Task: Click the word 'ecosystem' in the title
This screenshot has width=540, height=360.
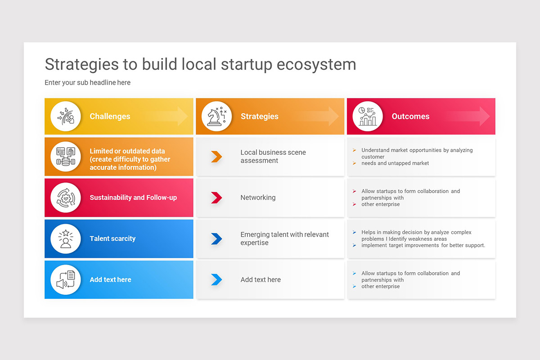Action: pyautogui.click(x=316, y=64)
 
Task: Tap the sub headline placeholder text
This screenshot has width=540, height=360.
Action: pyautogui.click(x=87, y=82)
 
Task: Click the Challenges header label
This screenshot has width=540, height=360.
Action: pyautogui.click(x=110, y=116)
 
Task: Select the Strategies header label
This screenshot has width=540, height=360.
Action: pyautogui.click(x=260, y=116)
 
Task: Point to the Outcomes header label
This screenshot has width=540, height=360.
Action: pyautogui.click(x=410, y=116)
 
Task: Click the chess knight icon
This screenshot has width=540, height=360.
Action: pyautogui.click(x=217, y=117)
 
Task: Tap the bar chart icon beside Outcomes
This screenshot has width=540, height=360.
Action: pyautogui.click(x=368, y=117)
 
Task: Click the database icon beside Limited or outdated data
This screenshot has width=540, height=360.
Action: pyautogui.click(x=66, y=157)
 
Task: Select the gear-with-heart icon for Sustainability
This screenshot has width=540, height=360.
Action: pyautogui.click(x=66, y=198)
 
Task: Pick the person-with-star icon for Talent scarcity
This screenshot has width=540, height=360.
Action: pyautogui.click(x=66, y=238)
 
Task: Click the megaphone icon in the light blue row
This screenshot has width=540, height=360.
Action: pyautogui.click(x=66, y=280)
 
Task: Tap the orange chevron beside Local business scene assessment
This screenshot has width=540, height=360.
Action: pyautogui.click(x=216, y=157)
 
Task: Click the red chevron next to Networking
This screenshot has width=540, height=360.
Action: pyautogui.click(x=216, y=198)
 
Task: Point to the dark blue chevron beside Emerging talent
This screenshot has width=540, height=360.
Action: pyautogui.click(x=216, y=238)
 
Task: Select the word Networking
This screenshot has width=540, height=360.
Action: pyautogui.click(x=258, y=198)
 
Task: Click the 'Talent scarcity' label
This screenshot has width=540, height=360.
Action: pyautogui.click(x=112, y=238)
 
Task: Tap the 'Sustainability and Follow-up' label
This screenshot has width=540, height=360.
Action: pyautogui.click(x=133, y=198)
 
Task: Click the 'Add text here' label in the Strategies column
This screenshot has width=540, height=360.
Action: pyautogui.click(x=261, y=279)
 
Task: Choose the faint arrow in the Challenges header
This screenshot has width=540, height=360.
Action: pyautogui.click(x=169, y=116)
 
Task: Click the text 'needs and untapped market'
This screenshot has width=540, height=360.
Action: pyautogui.click(x=395, y=163)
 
